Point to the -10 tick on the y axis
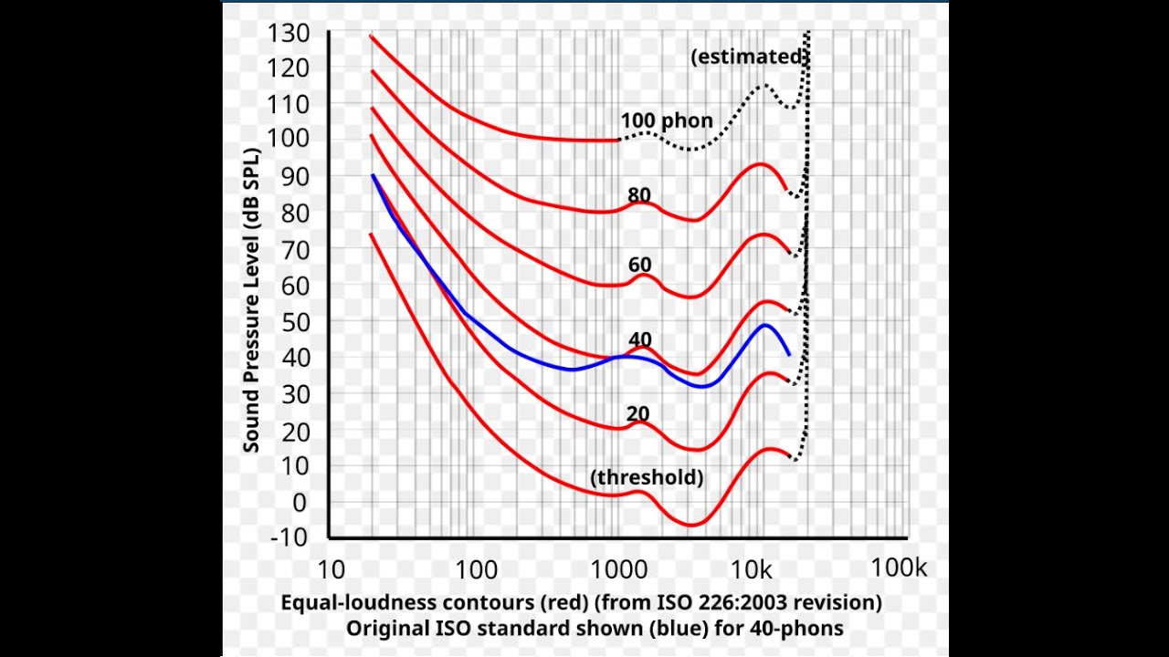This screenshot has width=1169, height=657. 289,537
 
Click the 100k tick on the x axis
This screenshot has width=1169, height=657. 899,568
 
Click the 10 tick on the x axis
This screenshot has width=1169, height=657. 331,569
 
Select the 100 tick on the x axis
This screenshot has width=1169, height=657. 476,569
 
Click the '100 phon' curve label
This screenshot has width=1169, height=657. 667,120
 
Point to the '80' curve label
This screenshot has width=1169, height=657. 639,195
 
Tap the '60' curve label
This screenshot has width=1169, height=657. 639,266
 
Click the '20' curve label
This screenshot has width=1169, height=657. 637,413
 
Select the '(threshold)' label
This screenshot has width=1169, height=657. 647,477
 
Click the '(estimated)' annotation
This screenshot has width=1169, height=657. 749,57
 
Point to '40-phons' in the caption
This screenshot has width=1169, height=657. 795,629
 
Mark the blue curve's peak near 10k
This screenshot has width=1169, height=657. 764,325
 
